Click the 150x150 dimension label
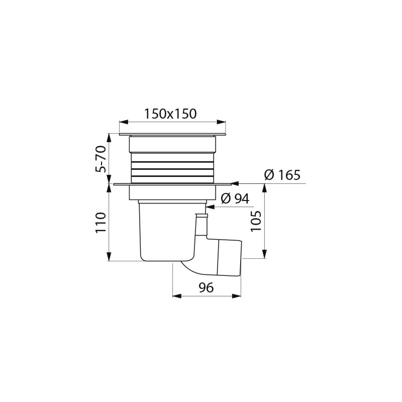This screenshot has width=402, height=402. (170, 114)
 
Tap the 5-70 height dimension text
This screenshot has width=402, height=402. (101, 159)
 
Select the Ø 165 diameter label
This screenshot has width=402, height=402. (282, 175)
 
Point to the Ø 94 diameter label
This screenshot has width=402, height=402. (235, 198)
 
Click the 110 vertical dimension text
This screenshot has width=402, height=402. (101, 222)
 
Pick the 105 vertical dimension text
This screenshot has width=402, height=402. (256, 221)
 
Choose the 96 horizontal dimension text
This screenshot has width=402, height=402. (206, 287)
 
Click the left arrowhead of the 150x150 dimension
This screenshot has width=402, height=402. (124, 122)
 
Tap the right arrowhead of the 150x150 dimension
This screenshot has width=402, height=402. (222, 122)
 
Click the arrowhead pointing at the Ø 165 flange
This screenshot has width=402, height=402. (235, 183)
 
